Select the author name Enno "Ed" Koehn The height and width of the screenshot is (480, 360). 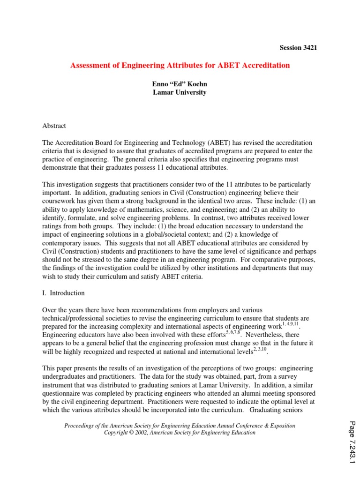point(180,84)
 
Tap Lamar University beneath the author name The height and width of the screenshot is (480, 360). point(180,92)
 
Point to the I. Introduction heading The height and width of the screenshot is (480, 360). point(64,293)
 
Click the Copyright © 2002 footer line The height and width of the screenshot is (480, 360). point(180,433)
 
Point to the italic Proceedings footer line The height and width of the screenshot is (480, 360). point(180,426)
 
